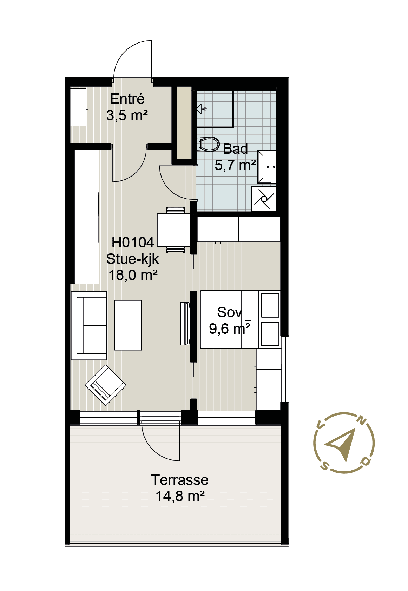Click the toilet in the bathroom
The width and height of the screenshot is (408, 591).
[x=209, y=144]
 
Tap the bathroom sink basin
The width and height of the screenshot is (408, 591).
[x=266, y=166]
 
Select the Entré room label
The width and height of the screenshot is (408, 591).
[x=127, y=99]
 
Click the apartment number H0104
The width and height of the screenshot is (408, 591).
[x=133, y=243]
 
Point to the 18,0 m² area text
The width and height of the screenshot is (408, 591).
[x=133, y=275]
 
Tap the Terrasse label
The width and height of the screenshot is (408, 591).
[x=180, y=480]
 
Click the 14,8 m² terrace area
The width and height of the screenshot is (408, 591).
[x=180, y=496]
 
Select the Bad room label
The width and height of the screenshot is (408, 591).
[x=235, y=149]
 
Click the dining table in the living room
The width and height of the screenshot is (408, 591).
[x=174, y=230]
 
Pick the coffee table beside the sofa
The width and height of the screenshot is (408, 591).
[x=128, y=325]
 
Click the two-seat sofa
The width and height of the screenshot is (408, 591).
[x=89, y=325]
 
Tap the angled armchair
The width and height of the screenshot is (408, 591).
[x=106, y=385]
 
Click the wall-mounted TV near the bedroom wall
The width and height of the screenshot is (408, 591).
[x=185, y=324]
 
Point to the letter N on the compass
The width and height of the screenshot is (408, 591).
[x=362, y=420]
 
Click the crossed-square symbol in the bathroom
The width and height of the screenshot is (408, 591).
[x=264, y=199]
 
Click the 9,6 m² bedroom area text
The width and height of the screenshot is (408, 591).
[x=230, y=329]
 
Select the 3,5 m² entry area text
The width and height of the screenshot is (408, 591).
[x=127, y=115]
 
